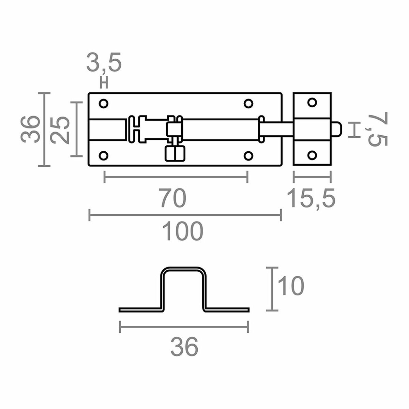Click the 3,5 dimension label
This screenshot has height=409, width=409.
pos(104,63)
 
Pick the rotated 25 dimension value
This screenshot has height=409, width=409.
pos(61,130)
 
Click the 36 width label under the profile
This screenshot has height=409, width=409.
pos(184,347)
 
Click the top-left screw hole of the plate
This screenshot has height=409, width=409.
pos(103,103)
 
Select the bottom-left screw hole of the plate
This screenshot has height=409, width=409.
pos(103,156)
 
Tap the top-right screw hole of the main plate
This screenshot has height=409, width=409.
pos(248,103)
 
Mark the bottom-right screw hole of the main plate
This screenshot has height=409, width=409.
pos(248,156)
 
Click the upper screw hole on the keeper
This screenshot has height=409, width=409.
pos(312,103)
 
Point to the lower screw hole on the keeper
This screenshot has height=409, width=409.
pos(312,155)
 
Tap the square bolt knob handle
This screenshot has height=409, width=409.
pos(175,153)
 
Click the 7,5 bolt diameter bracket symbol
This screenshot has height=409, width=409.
pos(355,130)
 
